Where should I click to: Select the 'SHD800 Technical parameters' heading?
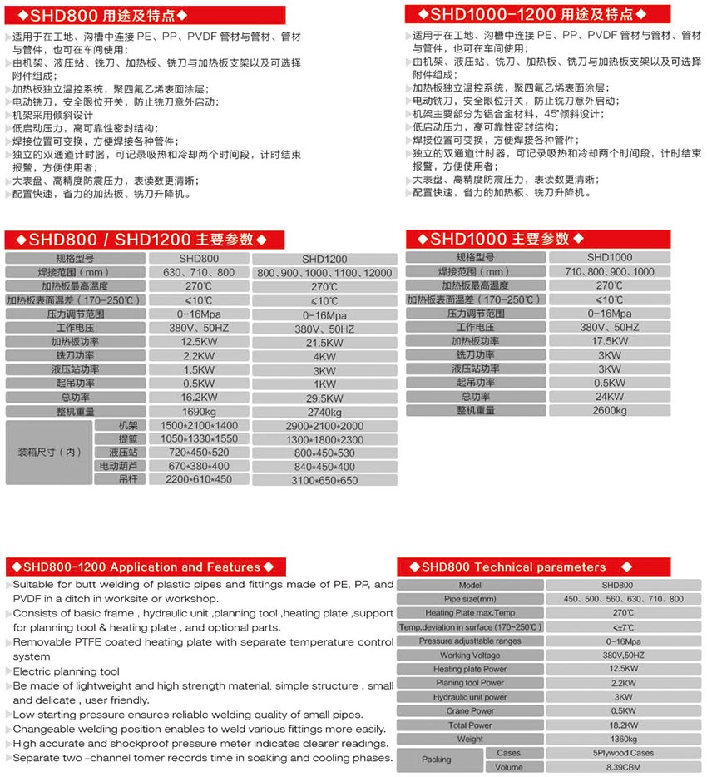pos(513,567)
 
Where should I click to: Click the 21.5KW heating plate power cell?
pos(324,343)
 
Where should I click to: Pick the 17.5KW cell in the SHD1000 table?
pos(610,341)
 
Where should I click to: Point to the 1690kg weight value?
pos(198,411)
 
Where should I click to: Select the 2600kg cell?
pos(610,410)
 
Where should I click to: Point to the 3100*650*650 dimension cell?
pos(324,481)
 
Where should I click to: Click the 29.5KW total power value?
pos(324,398)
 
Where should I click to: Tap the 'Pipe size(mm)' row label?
pos(470,599)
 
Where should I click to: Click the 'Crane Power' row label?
pos(470,710)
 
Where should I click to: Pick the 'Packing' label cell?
pos(436,760)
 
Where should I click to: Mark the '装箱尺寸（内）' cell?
pos(49,452)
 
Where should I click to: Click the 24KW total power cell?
pos(610,397)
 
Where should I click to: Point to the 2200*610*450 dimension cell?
pos(198,479)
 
